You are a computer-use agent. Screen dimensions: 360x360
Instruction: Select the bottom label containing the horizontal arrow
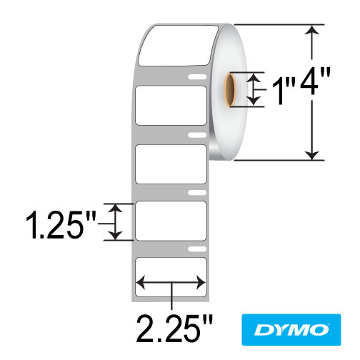tap(171, 279)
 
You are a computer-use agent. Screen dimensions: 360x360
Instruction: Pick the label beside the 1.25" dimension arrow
tap(171, 221)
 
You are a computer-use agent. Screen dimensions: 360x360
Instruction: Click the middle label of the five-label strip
tap(171, 164)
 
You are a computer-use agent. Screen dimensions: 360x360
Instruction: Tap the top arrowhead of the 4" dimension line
tap(312, 30)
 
